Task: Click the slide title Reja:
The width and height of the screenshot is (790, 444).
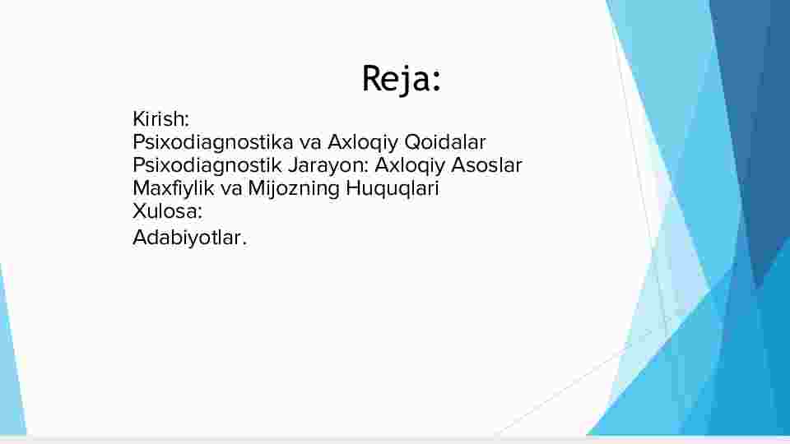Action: [402, 79]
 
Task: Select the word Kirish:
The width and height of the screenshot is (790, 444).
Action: [160, 119]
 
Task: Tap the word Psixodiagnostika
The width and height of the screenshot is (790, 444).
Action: [213, 143]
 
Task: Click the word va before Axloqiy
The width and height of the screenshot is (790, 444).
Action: [310, 142]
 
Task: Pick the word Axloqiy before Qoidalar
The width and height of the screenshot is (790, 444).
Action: [363, 143]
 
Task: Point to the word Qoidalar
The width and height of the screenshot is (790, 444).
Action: [445, 142]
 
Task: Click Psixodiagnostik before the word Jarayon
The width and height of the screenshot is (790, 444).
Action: [207, 166]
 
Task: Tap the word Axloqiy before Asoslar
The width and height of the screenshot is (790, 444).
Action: [410, 166]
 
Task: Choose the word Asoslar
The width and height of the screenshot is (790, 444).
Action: [486, 165]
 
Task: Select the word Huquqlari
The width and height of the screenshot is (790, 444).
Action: [393, 189]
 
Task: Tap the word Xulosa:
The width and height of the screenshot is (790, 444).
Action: [167, 211]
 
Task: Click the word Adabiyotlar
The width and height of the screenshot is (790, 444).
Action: [187, 238]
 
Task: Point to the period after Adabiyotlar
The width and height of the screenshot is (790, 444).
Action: [244, 244]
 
